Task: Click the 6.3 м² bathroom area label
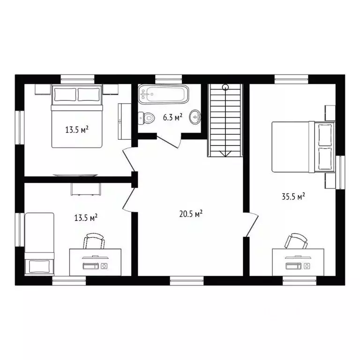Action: click(172, 118)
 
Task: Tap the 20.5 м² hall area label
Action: click(190, 214)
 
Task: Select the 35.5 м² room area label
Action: click(293, 197)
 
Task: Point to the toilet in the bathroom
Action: click(147, 118)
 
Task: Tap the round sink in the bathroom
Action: click(195, 117)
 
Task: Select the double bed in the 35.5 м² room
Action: click(302, 147)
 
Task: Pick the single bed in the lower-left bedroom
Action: click(39, 244)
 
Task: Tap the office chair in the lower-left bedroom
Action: click(94, 242)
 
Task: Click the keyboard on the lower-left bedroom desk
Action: click(90, 266)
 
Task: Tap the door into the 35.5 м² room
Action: click(251, 224)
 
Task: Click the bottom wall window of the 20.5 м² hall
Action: click(187, 280)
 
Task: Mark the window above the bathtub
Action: click(168, 78)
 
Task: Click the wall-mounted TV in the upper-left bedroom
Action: click(76, 175)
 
